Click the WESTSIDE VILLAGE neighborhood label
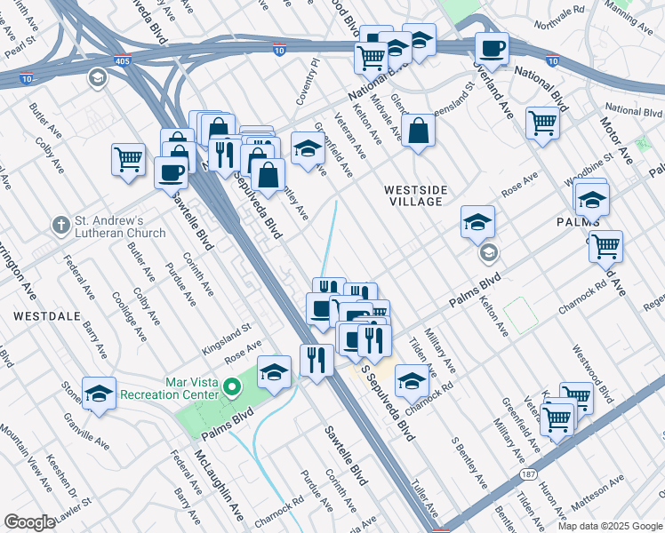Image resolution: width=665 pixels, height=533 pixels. click(x=413, y=195)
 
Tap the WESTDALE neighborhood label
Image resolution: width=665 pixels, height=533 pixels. click(x=35, y=316)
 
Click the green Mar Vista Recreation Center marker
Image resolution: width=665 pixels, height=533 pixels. click(x=232, y=386)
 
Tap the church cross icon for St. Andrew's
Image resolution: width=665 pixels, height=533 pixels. click(x=60, y=226)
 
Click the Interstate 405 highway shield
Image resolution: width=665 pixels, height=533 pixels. click(x=121, y=61)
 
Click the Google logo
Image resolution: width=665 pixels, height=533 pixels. click(x=29, y=522)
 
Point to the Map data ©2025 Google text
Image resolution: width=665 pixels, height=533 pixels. click(x=609, y=526)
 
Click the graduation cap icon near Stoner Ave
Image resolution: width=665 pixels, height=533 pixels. click(x=99, y=394)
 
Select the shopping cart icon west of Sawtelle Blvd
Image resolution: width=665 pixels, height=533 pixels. click(x=128, y=161)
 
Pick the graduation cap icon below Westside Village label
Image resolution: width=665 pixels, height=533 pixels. click(x=477, y=223)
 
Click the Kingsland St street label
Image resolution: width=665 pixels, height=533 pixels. click(x=228, y=332)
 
